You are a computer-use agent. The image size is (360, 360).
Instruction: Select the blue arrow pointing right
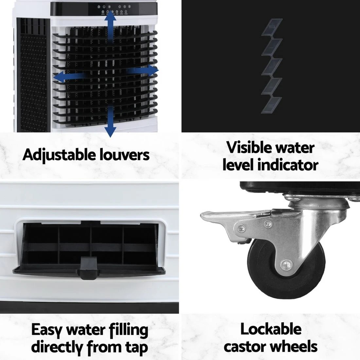(x=144, y=71)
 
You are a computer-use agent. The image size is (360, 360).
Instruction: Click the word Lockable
(x=271, y=329)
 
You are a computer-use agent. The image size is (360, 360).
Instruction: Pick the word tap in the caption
(x=136, y=348)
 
